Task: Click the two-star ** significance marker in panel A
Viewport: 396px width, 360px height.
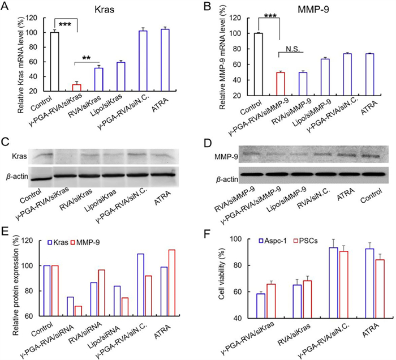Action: [x=87, y=58]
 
